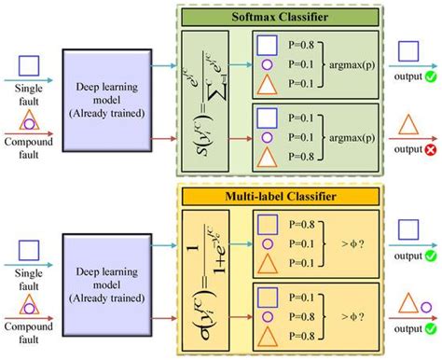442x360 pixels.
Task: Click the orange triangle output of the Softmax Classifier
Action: click(x=407, y=125)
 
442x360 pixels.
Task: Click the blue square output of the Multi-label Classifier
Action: click(x=407, y=229)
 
